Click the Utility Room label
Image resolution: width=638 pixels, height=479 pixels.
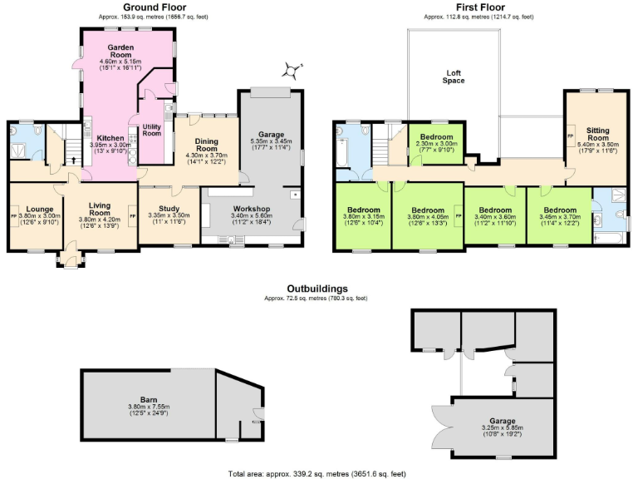coord(151,129)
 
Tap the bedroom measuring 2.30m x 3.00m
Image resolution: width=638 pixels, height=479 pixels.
coord(436,137)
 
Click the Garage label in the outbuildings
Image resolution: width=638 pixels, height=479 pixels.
coord(500,422)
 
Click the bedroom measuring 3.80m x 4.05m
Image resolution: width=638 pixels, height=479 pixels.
coord(428,210)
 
